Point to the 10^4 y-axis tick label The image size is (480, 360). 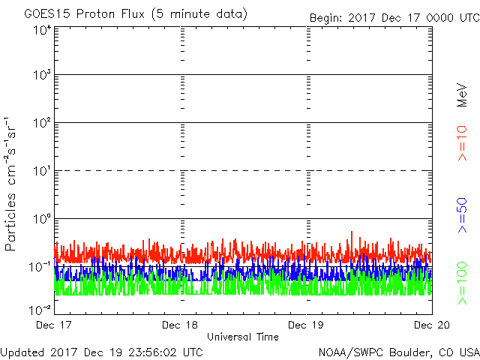(x=41, y=31)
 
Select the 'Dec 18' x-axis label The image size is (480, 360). (x=181, y=325)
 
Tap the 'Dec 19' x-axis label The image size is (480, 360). (x=307, y=325)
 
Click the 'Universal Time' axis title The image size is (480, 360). (x=242, y=337)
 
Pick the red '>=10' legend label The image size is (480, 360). (x=463, y=143)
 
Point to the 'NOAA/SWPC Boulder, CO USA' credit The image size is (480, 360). (x=398, y=352)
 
